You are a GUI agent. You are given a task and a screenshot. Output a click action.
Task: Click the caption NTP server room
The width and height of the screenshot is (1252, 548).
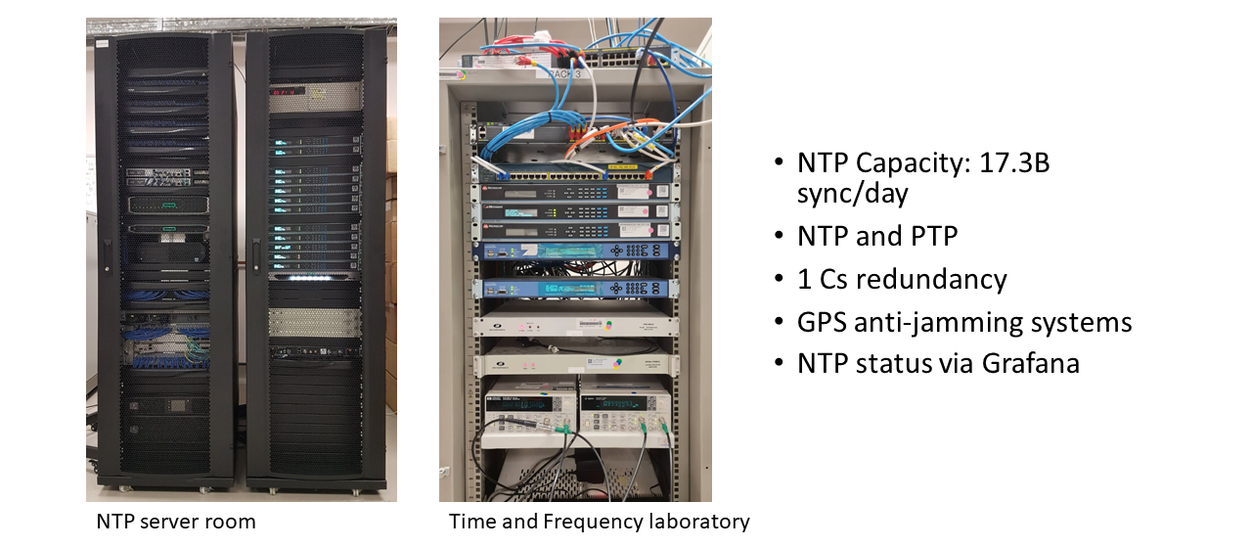point(176,522)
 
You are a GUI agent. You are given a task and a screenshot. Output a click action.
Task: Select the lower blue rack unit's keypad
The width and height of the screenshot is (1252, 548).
point(626,289)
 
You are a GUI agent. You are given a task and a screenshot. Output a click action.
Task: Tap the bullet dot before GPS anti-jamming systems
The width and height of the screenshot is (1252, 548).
point(778,322)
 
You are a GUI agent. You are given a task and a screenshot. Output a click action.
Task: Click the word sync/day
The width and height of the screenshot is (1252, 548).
point(852,194)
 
